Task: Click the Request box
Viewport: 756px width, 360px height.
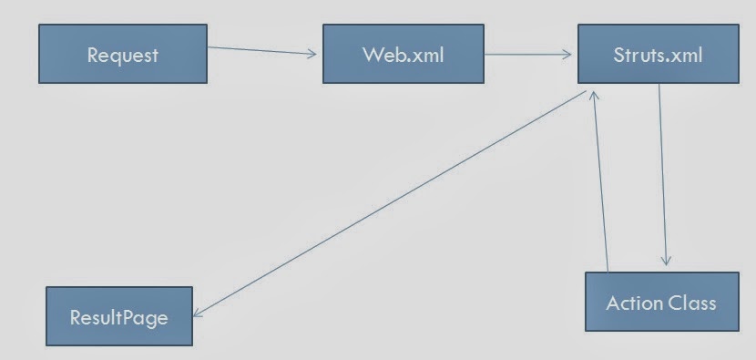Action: pos(123,54)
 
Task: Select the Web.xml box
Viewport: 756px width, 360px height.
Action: pos(404,54)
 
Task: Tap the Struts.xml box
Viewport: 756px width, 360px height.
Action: pos(659,54)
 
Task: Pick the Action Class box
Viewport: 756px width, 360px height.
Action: pos(662,302)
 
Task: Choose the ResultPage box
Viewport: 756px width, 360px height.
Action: pos(119,316)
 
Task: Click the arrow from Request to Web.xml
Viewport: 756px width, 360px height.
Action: pos(262,51)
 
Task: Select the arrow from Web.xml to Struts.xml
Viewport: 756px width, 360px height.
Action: pos(528,55)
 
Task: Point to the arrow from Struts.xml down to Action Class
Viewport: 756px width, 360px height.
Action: pos(662,175)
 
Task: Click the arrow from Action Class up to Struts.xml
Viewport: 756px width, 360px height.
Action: pos(601,181)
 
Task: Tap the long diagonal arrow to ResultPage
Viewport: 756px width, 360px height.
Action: pos(390,203)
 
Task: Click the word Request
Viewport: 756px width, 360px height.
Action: pos(122,55)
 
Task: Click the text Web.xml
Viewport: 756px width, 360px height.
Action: pos(404,55)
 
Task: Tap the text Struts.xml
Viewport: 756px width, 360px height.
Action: pos(658,55)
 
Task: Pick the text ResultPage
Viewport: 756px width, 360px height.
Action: pos(119,317)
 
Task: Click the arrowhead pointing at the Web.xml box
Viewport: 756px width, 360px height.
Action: pos(312,54)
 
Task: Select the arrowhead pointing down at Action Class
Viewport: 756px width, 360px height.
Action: pos(666,261)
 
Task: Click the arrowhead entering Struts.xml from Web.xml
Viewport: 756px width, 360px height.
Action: pos(567,55)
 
